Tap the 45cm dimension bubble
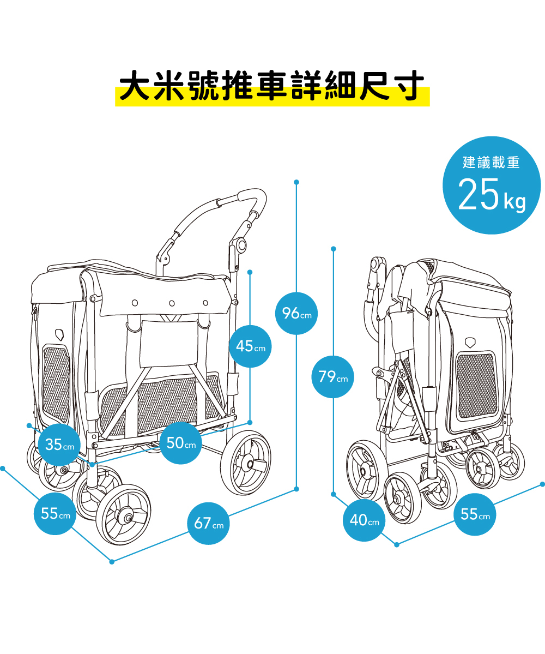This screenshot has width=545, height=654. point(250,346)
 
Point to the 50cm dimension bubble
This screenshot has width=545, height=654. point(181,443)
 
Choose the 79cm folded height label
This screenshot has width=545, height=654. point(332,377)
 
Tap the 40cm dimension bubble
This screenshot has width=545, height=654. point(365,520)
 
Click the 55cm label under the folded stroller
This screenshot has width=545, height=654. point(475,514)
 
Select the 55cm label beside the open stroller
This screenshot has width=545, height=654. point(55,513)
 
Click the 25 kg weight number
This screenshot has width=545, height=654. point(478,195)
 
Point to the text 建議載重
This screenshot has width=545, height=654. point(491,162)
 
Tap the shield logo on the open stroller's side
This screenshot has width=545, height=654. point(59,332)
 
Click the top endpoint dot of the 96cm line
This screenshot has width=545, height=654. point(296,182)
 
